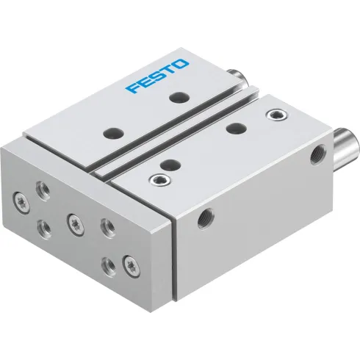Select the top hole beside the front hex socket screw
point(168,163)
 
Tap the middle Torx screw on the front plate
point(74,219)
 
